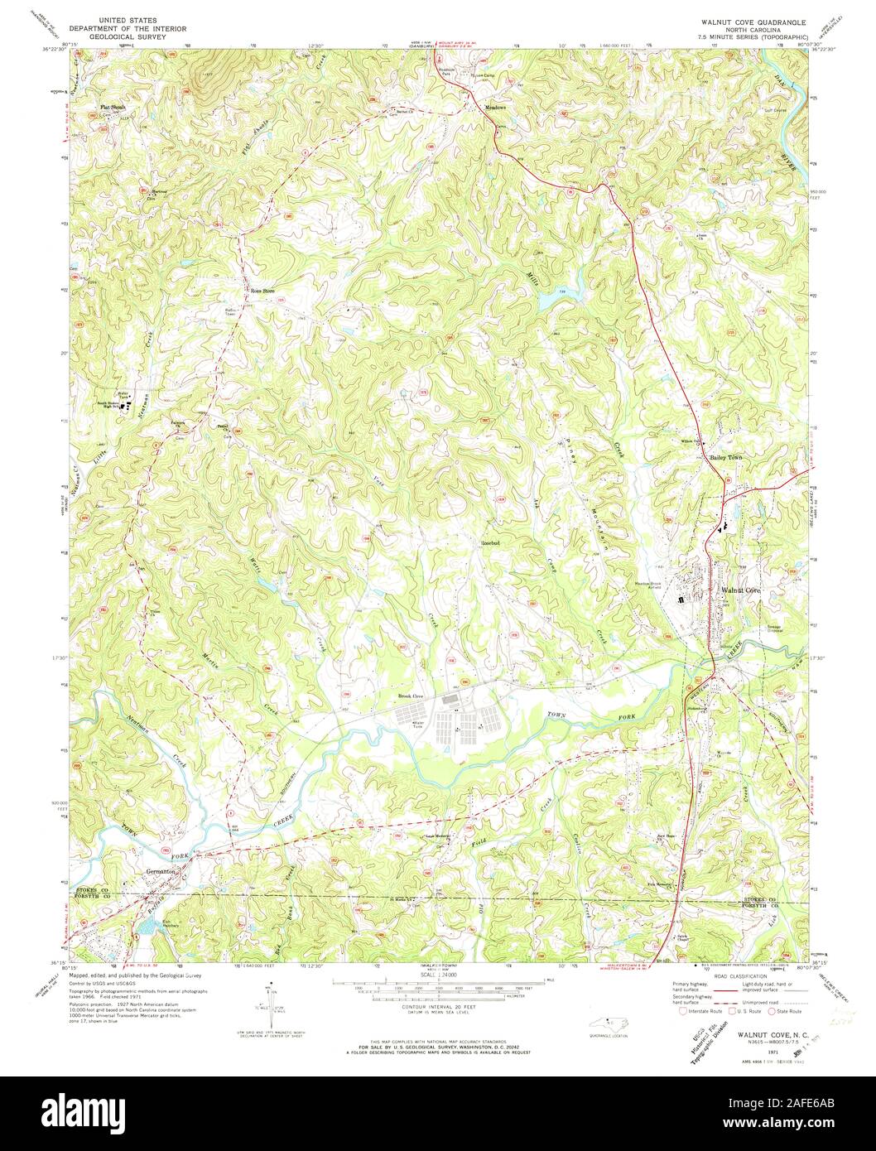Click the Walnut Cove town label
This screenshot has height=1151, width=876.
point(740,590)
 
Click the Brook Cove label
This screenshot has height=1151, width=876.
point(411,696)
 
